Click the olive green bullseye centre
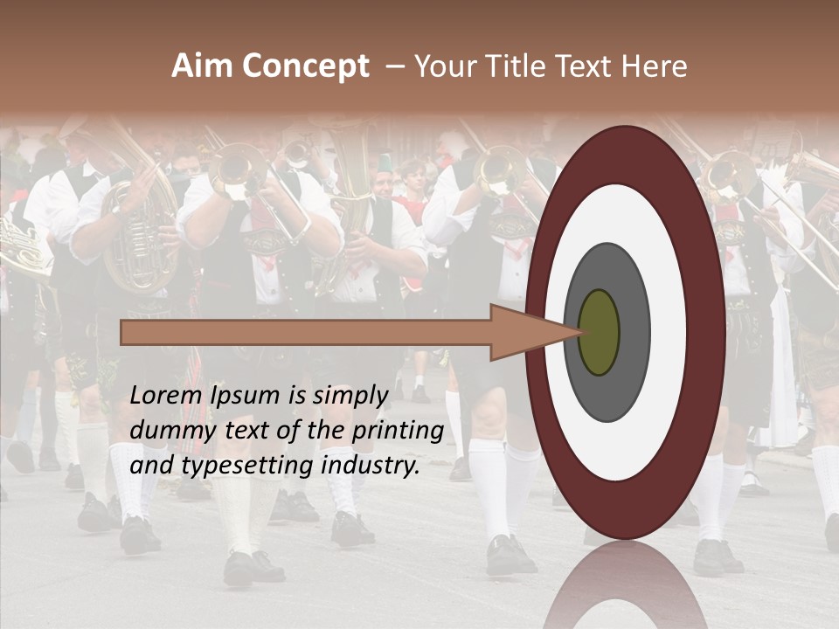599,333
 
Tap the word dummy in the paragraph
166,431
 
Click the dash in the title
394,66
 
